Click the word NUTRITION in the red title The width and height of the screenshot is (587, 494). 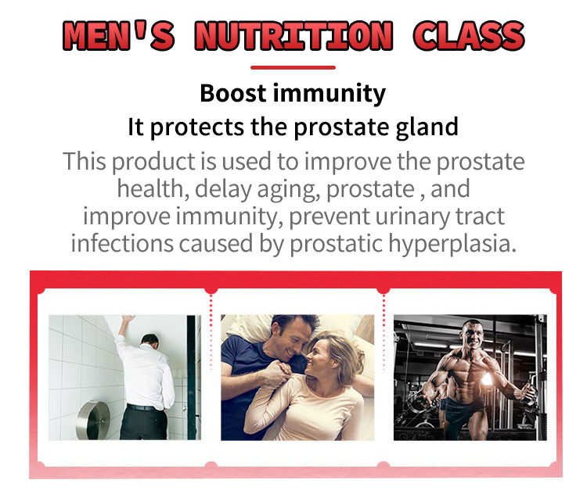(x=293, y=35)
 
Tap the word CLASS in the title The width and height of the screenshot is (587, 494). (x=469, y=35)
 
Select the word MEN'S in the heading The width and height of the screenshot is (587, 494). (x=119, y=35)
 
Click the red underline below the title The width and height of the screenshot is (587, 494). (x=293, y=68)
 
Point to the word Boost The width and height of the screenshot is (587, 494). (x=233, y=93)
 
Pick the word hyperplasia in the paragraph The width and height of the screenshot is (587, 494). (x=452, y=244)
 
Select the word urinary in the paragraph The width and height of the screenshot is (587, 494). (x=412, y=217)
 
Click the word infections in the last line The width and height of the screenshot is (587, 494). (x=122, y=243)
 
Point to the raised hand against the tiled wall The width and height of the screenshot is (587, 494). (x=128, y=320)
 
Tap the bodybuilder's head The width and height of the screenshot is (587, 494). (x=473, y=333)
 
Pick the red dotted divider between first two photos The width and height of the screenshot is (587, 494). (x=211, y=331)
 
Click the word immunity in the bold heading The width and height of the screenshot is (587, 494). (x=330, y=94)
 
